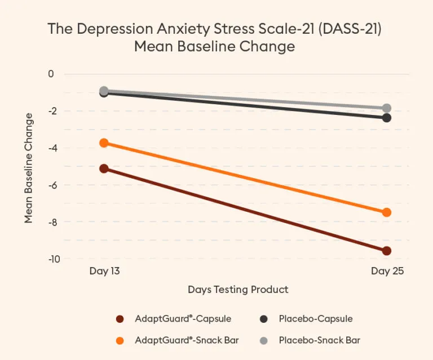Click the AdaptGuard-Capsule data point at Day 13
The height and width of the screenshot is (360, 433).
104,168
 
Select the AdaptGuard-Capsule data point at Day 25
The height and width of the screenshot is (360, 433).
387,251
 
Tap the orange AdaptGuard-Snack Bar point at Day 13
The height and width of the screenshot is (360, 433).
104,143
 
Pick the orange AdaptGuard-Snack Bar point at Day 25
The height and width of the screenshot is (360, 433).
387,212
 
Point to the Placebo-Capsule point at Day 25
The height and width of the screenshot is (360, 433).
387,118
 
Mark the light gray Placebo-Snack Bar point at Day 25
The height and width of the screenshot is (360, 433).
387,108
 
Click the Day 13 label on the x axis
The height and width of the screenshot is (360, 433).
104,271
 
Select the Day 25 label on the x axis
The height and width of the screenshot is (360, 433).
387,271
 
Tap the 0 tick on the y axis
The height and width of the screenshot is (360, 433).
51,74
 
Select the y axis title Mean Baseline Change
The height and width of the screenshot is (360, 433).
29,168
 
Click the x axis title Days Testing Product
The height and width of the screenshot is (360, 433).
238,290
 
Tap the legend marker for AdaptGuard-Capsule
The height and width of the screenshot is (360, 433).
120,319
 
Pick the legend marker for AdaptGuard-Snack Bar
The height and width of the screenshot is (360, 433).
120,340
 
